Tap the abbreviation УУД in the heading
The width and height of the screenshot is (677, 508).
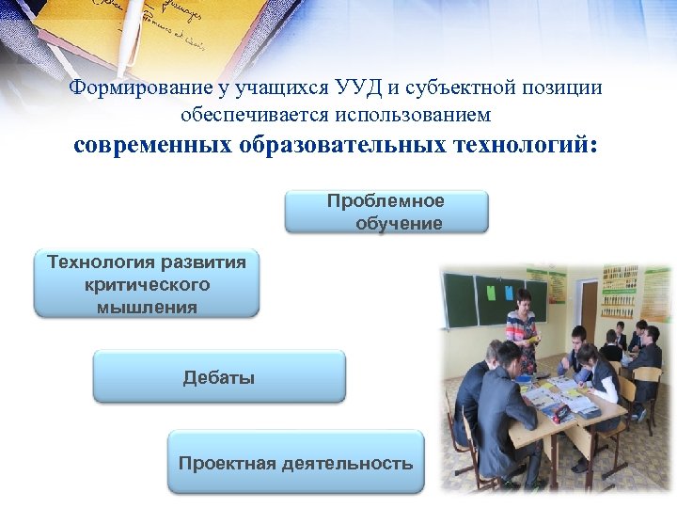[357, 88]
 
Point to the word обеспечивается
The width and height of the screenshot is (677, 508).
[245, 115]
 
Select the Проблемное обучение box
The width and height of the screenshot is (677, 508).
[386, 212]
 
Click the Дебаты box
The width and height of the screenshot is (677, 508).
[219, 377]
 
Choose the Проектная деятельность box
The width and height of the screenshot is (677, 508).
[295, 462]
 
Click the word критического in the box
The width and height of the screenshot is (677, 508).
[147, 284]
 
